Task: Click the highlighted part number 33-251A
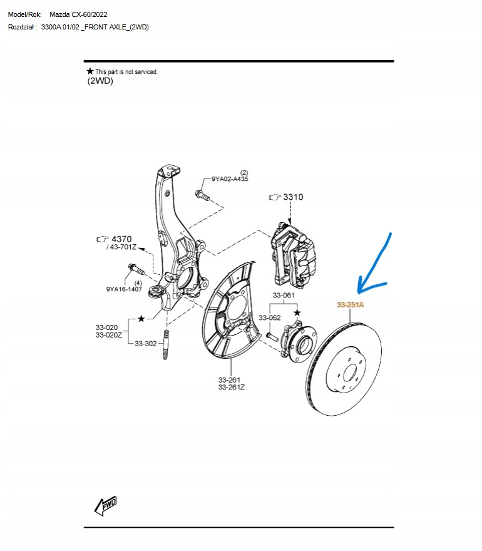pyautogui.click(x=351, y=305)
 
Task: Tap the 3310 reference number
pyautogui.click(x=293, y=197)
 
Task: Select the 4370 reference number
pyautogui.click(x=121, y=239)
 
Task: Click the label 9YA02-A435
pyautogui.click(x=230, y=179)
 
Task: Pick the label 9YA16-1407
pyautogui.click(x=124, y=289)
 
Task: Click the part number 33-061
pyautogui.click(x=284, y=295)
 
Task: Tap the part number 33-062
pyautogui.click(x=269, y=317)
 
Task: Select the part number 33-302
pyautogui.click(x=146, y=343)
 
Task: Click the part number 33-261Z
pyautogui.click(x=231, y=387)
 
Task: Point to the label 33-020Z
pyautogui.click(x=109, y=335)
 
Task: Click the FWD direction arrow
pyautogui.click(x=106, y=506)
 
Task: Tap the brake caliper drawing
pyautogui.click(x=294, y=254)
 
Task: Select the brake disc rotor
pyautogui.click(x=344, y=369)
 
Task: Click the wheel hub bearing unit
pyautogui.click(x=299, y=340)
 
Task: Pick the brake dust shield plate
pyautogui.click(x=230, y=311)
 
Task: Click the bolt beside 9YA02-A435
pyautogui.click(x=202, y=195)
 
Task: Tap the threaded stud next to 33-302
pyautogui.click(x=166, y=344)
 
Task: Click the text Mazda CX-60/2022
pyautogui.click(x=78, y=14)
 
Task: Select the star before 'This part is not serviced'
pyautogui.click(x=90, y=71)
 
